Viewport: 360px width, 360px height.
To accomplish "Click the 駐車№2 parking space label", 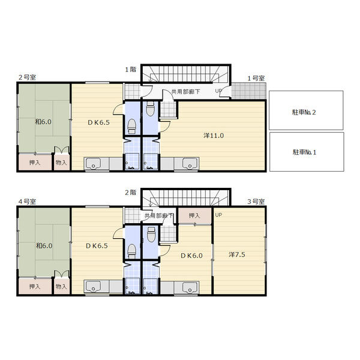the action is coord(304,112).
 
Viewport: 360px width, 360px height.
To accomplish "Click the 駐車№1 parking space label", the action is coord(304,152).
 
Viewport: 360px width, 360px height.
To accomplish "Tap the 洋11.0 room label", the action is coord(214,136).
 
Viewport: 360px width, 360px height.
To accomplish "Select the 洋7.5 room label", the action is coord(237,254).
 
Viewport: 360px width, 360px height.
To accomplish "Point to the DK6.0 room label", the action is coord(191,256).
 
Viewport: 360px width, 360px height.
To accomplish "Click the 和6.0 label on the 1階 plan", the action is coord(43,122).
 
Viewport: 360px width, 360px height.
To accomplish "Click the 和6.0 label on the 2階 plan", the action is coord(44,245).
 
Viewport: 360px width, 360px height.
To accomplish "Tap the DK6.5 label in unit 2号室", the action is coord(98,122).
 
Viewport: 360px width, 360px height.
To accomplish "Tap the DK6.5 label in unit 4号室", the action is coord(97,246).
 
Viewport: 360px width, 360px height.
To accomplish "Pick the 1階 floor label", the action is coord(130,70).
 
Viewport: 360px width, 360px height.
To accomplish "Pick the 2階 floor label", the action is coord(130,193).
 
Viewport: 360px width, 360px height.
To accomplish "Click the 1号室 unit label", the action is coord(256,78).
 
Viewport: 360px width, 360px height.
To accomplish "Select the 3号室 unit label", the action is coord(256,202).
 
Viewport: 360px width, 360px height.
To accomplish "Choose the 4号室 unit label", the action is coord(27,202).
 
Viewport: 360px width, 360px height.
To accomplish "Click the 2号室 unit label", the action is coord(27,77).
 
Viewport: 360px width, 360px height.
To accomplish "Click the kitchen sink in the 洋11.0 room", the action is coord(190,163).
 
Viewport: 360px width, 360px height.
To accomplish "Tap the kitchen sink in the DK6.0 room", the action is coord(190,287).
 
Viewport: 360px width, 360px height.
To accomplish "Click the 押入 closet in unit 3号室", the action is coord(194,215).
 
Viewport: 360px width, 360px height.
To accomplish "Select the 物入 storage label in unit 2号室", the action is coord(61,163).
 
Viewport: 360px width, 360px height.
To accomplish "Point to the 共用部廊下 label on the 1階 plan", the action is coord(185,92).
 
